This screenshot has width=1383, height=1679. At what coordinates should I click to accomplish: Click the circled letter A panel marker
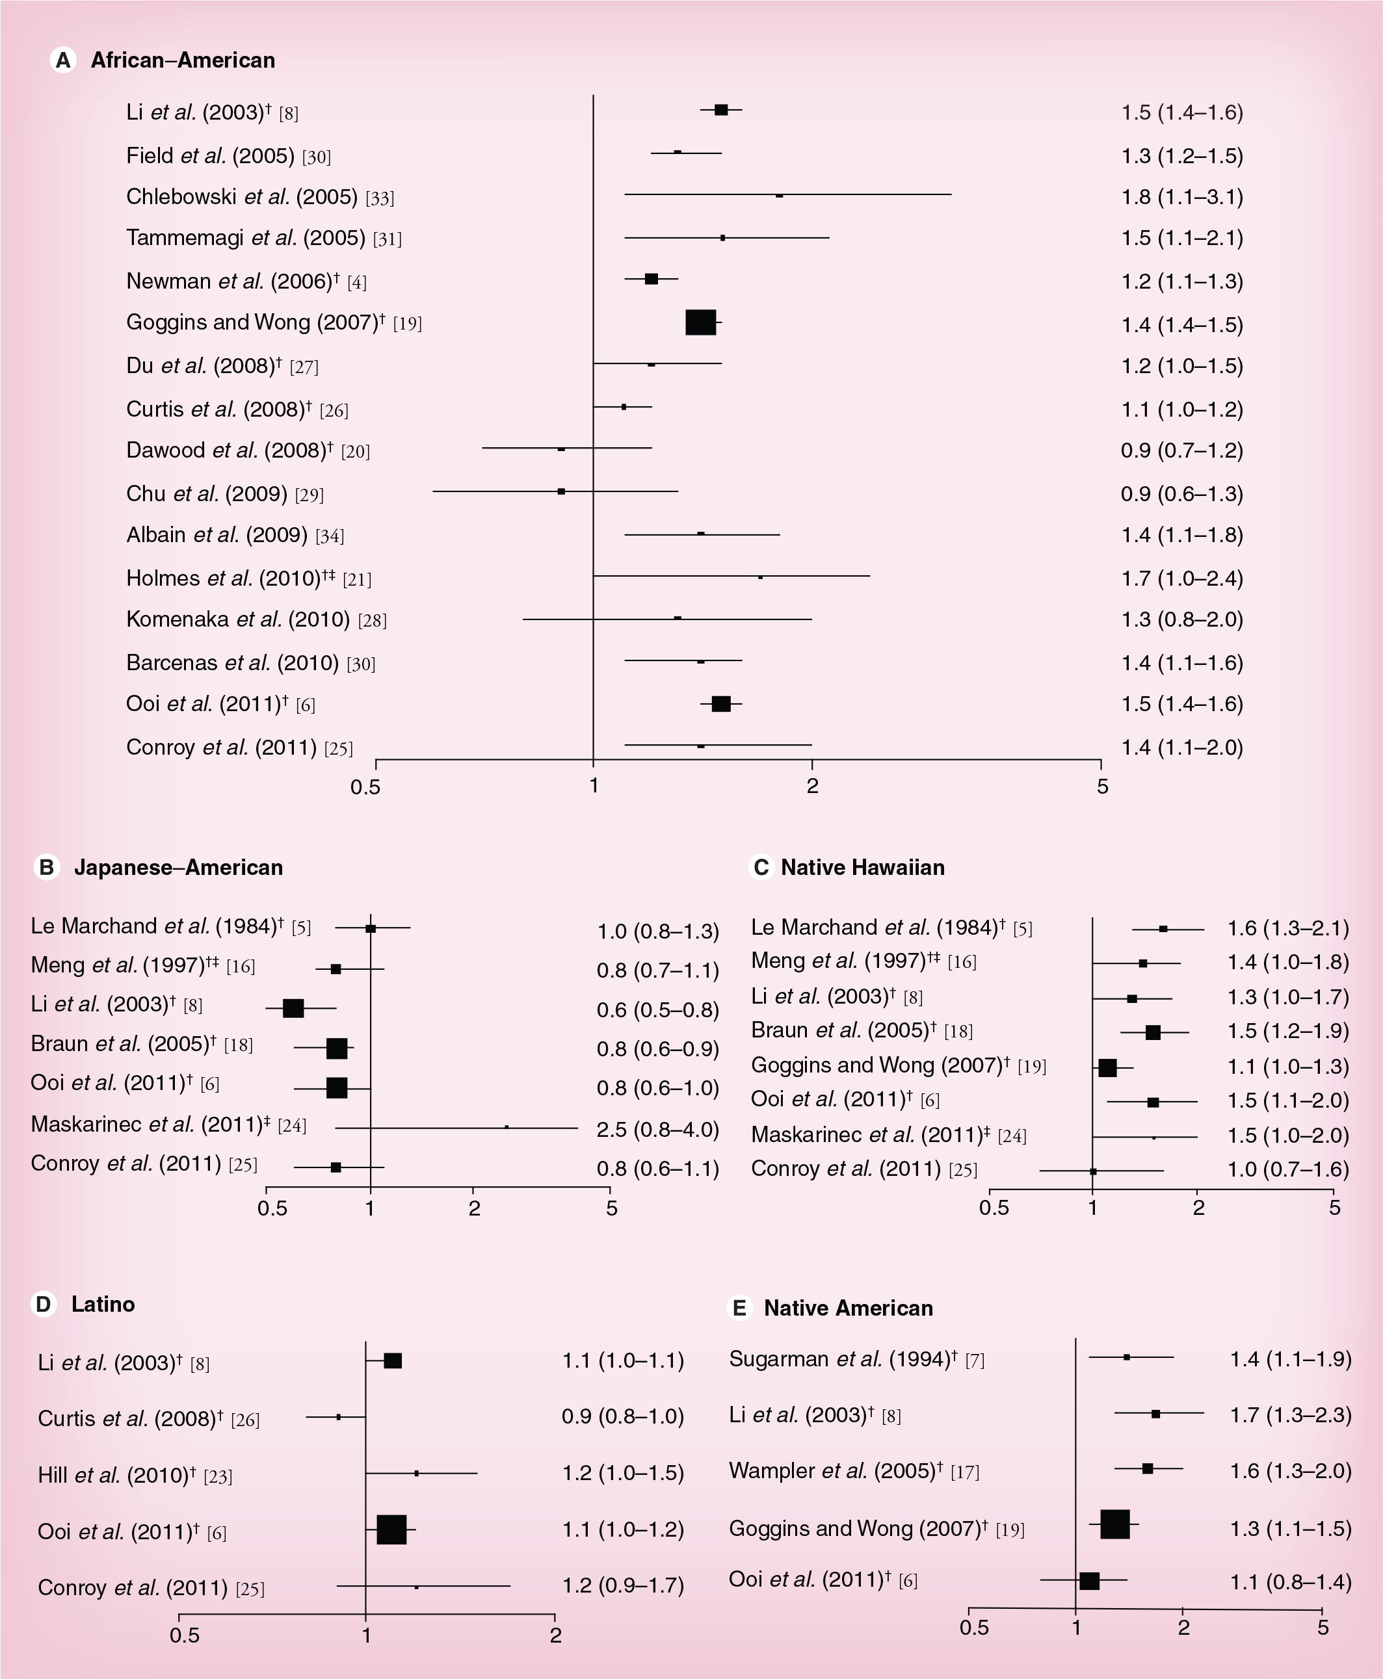point(63,60)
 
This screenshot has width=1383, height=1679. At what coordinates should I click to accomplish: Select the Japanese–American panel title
point(178,867)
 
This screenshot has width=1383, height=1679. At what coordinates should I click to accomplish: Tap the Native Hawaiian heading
point(863,867)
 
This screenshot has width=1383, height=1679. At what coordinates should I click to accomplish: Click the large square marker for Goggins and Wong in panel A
point(701,322)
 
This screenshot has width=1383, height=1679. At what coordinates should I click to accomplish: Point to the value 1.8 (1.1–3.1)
point(1182,197)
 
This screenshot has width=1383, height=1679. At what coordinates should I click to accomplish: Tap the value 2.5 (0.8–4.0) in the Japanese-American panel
point(658,1130)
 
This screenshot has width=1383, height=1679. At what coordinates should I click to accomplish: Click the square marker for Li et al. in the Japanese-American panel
point(293,1008)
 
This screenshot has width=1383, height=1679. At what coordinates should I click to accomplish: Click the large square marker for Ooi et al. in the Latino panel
point(391,1530)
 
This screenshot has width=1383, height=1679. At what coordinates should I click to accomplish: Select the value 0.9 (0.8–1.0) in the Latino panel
point(623,1416)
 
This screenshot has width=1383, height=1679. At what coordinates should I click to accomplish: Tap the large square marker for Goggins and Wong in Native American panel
point(1114,1524)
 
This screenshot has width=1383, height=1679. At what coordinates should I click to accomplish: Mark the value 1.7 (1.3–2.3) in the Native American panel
point(1291,1414)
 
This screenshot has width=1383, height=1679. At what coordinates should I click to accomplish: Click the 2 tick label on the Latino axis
point(556,1636)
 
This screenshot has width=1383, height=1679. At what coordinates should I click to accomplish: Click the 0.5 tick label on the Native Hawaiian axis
point(994,1208)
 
